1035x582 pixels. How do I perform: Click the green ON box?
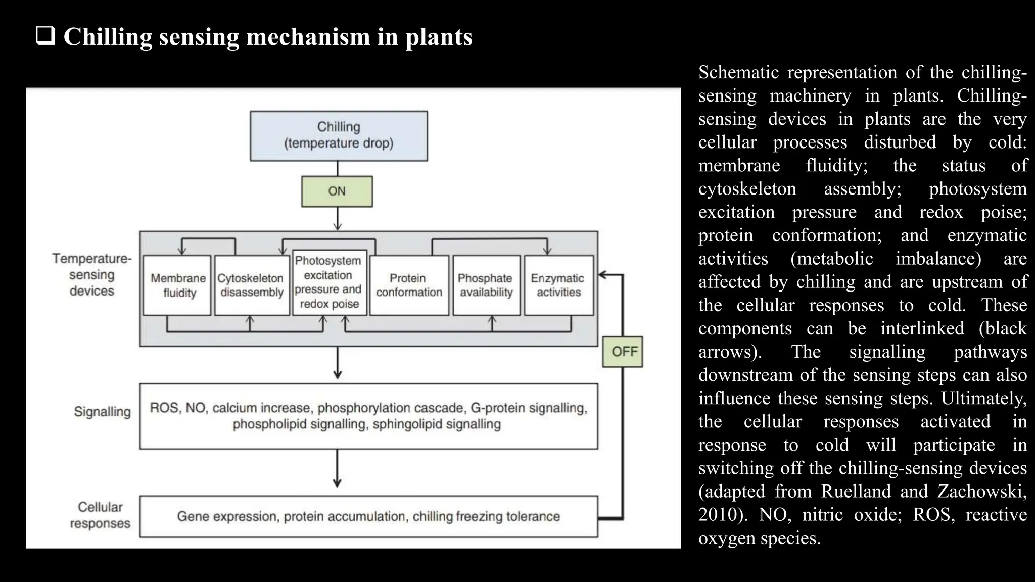coord(337,191)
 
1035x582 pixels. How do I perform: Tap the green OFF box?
coord(623,352)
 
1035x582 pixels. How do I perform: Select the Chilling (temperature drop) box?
coord(339,136)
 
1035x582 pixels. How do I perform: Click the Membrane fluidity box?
coord(177,285)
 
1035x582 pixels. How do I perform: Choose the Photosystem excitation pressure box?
coord(330,283)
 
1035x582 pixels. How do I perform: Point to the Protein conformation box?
coord(409,285)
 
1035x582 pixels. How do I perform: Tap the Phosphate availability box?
coord(486,285)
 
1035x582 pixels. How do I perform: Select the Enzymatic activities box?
coord(559,285)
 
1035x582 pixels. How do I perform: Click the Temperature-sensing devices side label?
coord(92,275)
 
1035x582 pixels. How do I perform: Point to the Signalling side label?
coord(102,412)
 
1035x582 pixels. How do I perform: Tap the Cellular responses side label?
coord(100,515)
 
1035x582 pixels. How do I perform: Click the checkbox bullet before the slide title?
coord(45,37)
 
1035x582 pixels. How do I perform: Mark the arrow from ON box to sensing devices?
coord(338,219)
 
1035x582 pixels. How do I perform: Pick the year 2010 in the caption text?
coord(718,514)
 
